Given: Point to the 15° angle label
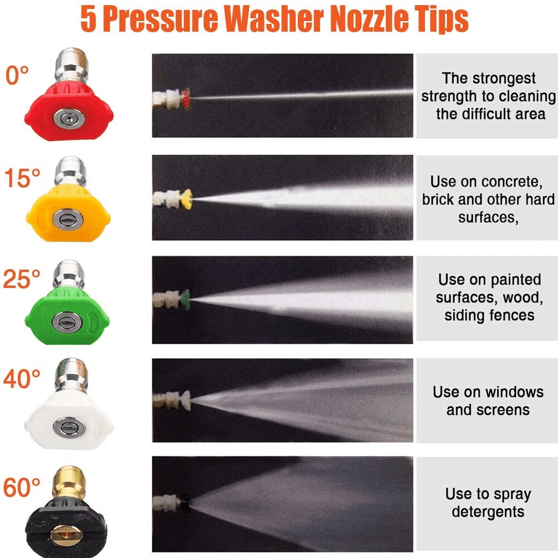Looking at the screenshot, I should coord(22,179).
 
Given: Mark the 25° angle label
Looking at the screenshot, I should coord(22,279).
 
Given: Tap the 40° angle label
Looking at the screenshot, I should coord(22,380).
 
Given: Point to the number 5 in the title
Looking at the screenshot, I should coord(88,20).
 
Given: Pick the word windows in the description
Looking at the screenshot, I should coord(513,392).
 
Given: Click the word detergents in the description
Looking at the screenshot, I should coord(488,512).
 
